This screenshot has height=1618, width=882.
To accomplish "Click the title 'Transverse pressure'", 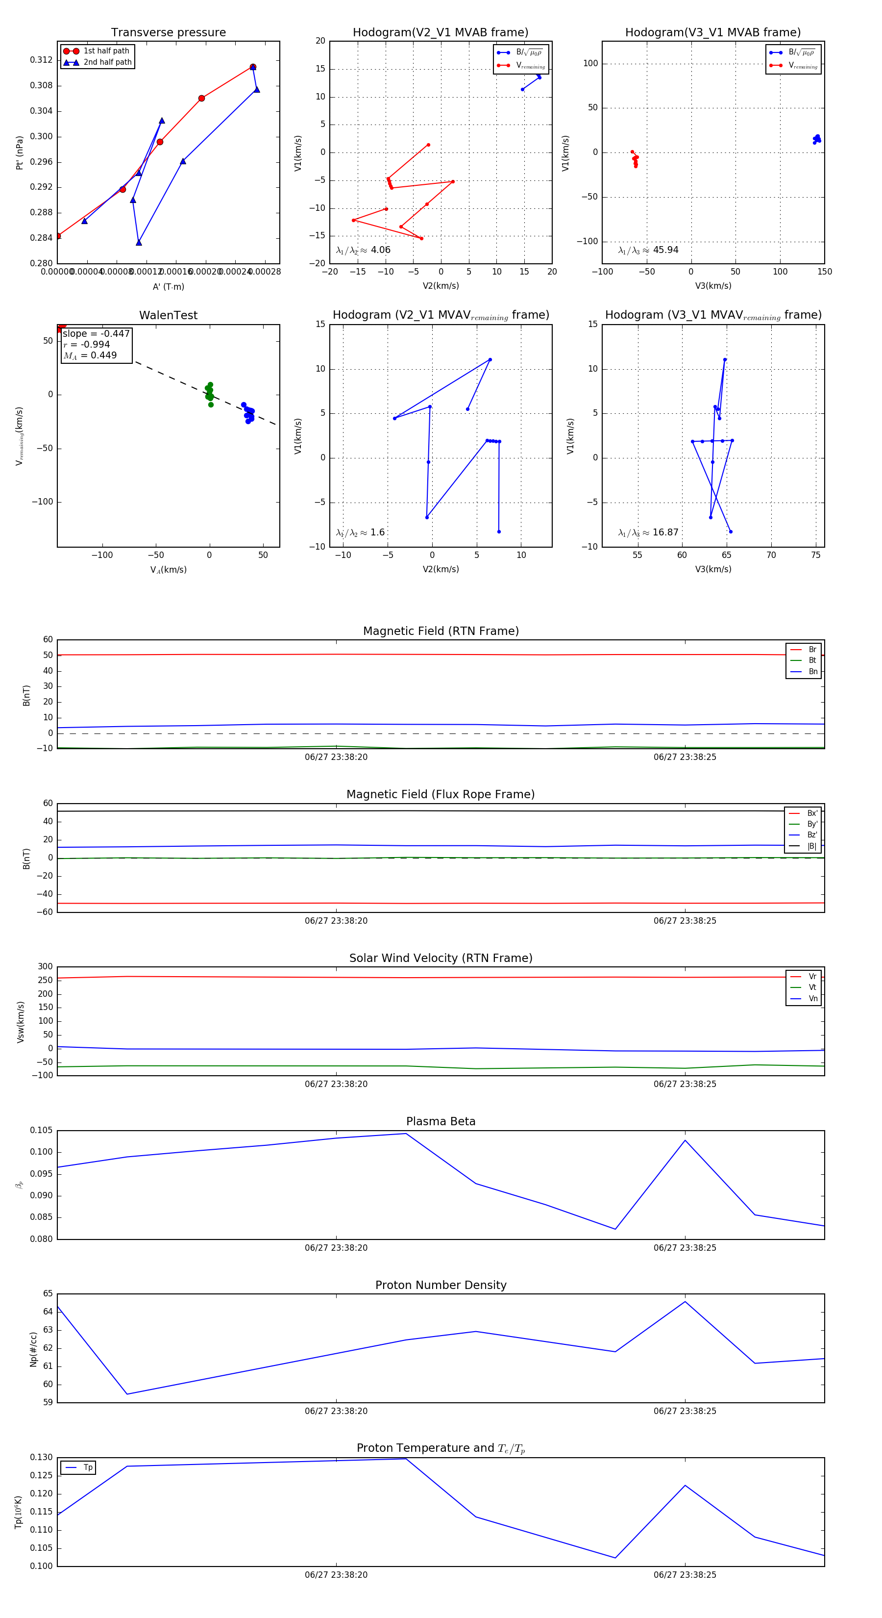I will coord(168,33).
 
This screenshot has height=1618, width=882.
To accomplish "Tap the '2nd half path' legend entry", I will coord(107,62).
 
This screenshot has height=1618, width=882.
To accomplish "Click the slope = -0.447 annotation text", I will coord(96,333).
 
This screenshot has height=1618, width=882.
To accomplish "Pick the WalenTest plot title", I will coord(168,315).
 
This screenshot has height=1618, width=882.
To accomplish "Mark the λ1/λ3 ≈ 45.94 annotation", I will coord(648,250).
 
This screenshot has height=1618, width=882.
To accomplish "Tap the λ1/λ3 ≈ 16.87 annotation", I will coord(648,532).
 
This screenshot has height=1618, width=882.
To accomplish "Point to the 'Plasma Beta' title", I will coord(441,1121).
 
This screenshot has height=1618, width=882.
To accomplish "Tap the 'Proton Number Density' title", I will coord(441,1285).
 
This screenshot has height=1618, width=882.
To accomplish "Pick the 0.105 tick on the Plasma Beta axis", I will coord(42,1131).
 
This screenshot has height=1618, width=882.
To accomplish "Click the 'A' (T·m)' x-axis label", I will coord(168,287).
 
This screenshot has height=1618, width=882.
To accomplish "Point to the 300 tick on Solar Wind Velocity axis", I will coord(45,967).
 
